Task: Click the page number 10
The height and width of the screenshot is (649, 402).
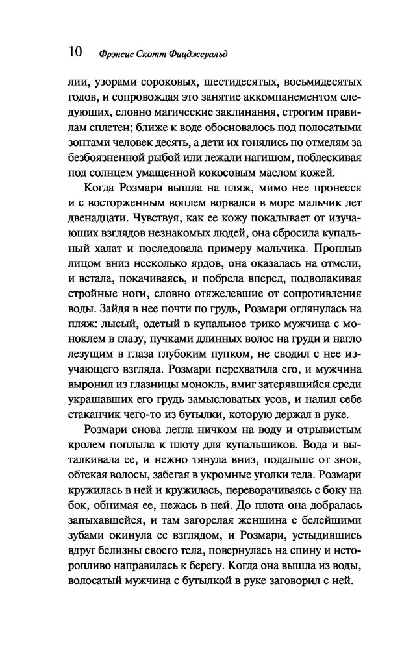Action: (73, 51)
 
